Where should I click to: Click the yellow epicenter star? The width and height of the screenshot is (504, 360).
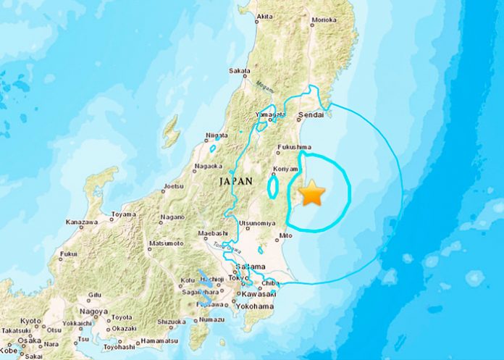click(313, 193)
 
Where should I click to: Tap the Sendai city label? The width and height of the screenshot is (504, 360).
click(312, 115)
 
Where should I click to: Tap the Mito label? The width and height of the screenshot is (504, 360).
click(284, 236)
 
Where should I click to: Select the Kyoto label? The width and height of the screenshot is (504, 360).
click(30, 319)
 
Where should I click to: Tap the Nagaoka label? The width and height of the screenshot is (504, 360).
click(208, 168)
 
